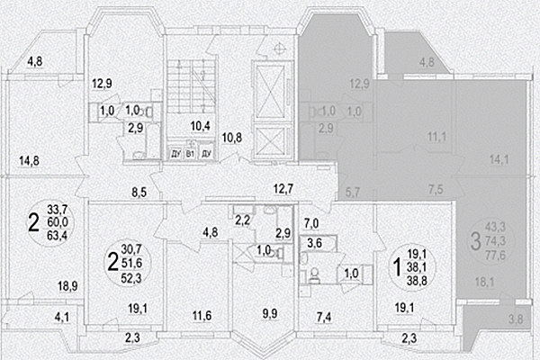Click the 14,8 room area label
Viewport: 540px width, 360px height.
click(x=29, y=161)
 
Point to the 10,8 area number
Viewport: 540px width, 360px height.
click(x=232, y=138)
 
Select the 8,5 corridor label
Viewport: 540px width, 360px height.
click(x=139, y=192)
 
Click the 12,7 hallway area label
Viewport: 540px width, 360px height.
click(x=284, y=188)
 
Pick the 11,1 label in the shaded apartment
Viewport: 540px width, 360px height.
click(x=411, y=136)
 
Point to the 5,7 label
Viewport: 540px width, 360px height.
click(x=352, y=192)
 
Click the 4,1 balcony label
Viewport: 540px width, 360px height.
click(x=61, y=316)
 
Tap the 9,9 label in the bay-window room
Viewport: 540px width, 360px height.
click(x=271, y=314)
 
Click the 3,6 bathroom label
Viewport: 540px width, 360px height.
click(x=316, y=242)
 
